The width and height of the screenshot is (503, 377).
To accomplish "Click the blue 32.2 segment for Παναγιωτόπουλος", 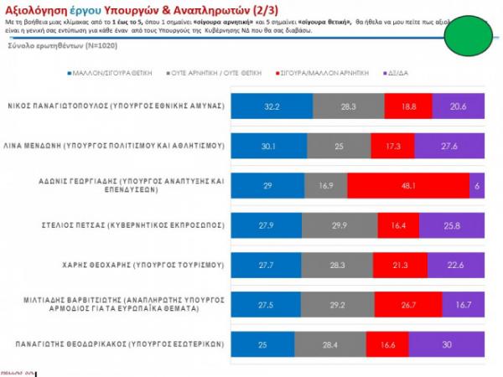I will pos(272,106).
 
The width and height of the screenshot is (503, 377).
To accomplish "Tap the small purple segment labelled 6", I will pos(479,185).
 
